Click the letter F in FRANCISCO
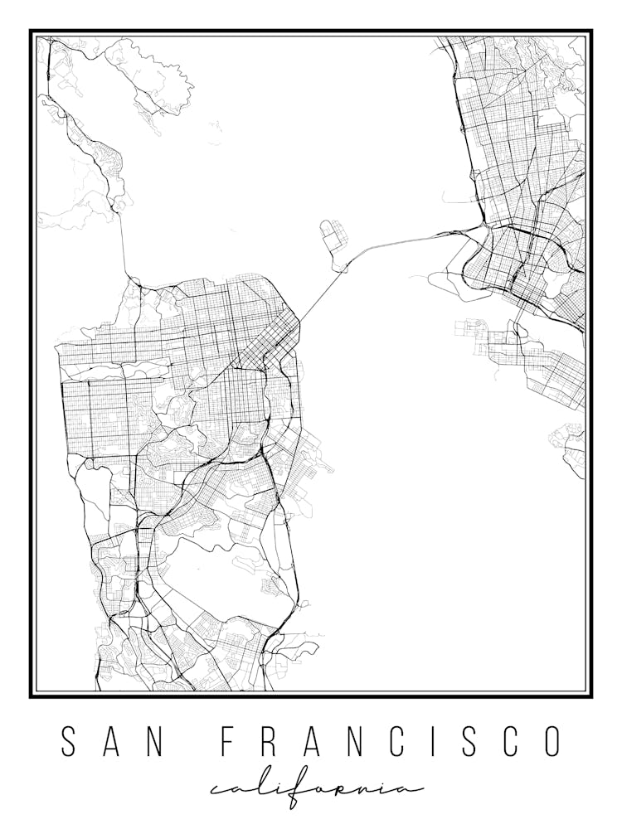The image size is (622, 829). pyautogui.click(x=227, y=742)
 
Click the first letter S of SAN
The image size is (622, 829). pyautogui.click(x=70, y=742)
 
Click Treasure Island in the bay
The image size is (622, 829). pyautogui.click(x=332, y=234)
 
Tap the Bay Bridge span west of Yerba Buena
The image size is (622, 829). pyautogui.click(x=319, y=297)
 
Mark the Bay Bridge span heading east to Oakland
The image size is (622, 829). pyautogui.click(x=398, y=242)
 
